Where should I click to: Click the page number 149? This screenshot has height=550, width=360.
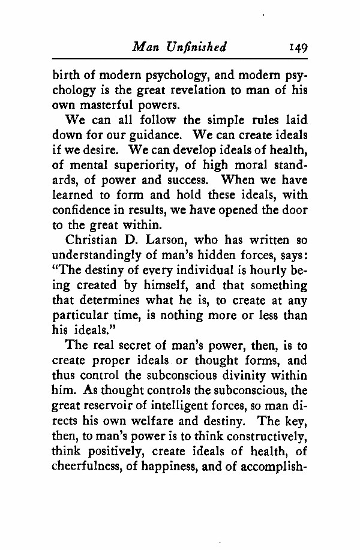coord(297,47)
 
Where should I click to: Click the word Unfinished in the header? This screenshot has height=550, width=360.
coord(198,47)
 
